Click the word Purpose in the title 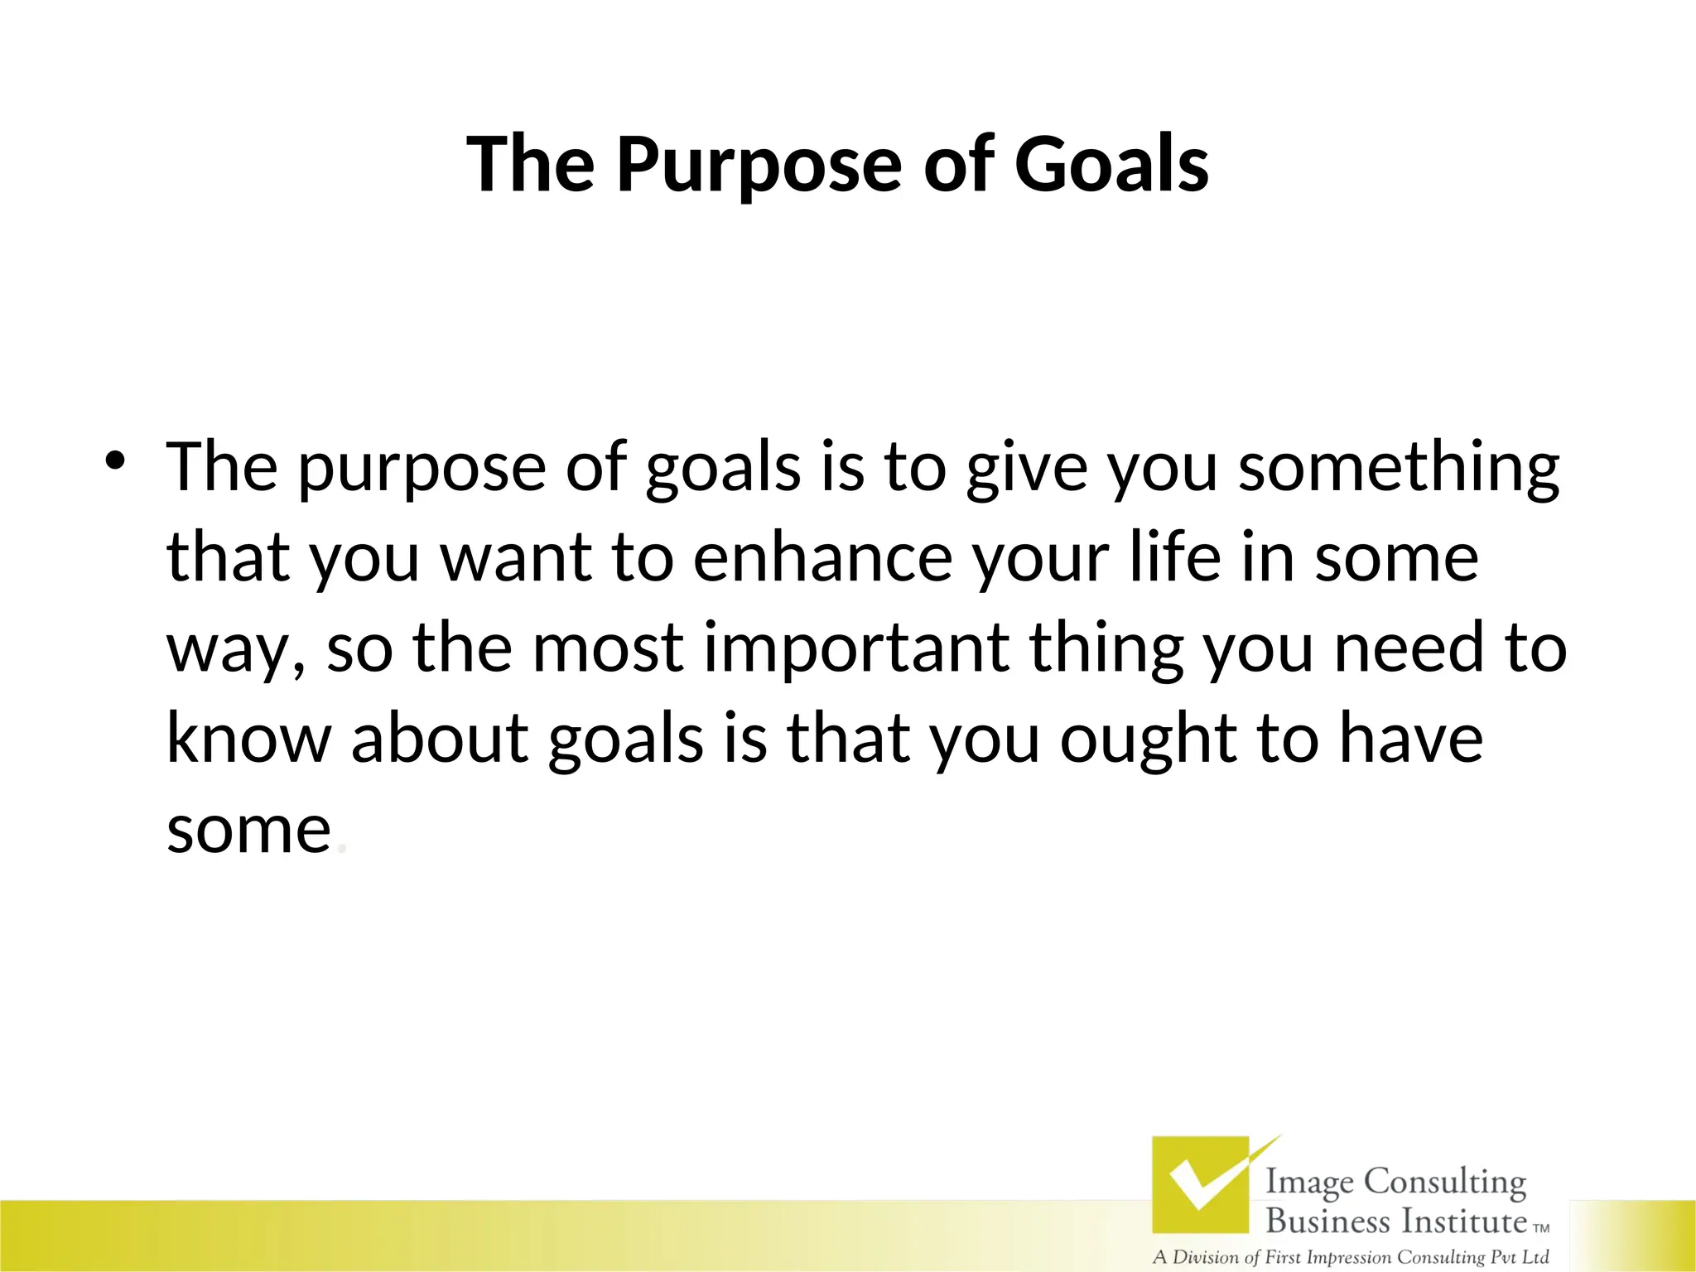pos(758,166)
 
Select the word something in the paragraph pos(1399,469)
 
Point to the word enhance pos(822,558)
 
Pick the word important pos(856,648)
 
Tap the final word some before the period pos(248,831)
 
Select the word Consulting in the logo pos(1444,1183)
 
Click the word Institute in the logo pos(1463,1221)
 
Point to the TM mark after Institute pos(1541,1229)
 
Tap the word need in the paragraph pos(1409,648)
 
